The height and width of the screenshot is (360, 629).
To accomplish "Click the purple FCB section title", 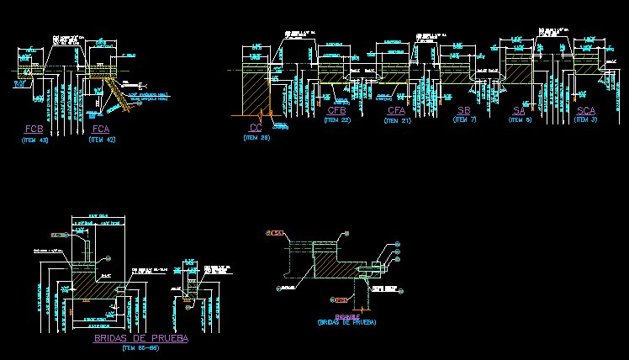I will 34,129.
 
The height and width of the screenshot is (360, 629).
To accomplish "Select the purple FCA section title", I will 101,129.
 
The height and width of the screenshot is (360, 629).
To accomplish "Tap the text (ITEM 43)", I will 34,140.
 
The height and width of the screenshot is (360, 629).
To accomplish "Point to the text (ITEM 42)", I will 101,140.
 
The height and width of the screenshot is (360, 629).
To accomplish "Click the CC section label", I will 256,127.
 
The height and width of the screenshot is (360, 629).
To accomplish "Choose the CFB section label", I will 337,111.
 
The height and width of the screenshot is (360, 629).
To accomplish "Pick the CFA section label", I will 397,111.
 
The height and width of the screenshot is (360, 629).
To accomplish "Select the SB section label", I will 464,111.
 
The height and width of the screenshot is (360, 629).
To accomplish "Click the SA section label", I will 520,111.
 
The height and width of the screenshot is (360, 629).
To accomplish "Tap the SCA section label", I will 586,111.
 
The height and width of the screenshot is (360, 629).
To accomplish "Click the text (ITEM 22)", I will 337,120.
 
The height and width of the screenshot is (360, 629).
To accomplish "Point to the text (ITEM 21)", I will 397,120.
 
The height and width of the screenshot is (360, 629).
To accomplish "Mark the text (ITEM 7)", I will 464,120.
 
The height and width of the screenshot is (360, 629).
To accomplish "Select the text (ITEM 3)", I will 586,120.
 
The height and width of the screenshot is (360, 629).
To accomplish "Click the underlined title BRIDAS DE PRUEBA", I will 140,338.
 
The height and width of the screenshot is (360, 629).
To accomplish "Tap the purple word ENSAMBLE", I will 346,315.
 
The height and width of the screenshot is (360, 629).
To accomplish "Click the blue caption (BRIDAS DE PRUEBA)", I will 346,322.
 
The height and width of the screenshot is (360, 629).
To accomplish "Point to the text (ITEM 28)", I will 256,137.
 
